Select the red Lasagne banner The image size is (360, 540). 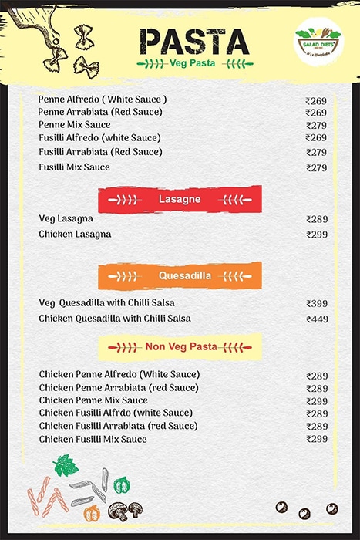point(180,199)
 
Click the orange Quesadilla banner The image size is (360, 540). point(180,275)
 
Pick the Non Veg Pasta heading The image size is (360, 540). point(180,346)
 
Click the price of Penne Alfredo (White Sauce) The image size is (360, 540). point(316,101)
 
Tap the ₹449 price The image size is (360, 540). point(316,319)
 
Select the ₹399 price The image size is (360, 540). point(316,304)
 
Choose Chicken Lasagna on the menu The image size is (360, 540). point(75,234)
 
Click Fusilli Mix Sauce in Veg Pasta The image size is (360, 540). point(74,167)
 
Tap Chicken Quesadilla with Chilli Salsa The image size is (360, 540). point(115,319)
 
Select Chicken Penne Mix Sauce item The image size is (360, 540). point(93,400)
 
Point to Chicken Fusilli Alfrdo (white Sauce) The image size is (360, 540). point(116,413)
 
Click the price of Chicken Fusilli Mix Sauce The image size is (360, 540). point(316,439)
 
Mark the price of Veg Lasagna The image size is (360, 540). point(316,219)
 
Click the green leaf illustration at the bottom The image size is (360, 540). point(66,465)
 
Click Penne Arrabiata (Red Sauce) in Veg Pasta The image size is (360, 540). point(92,113)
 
